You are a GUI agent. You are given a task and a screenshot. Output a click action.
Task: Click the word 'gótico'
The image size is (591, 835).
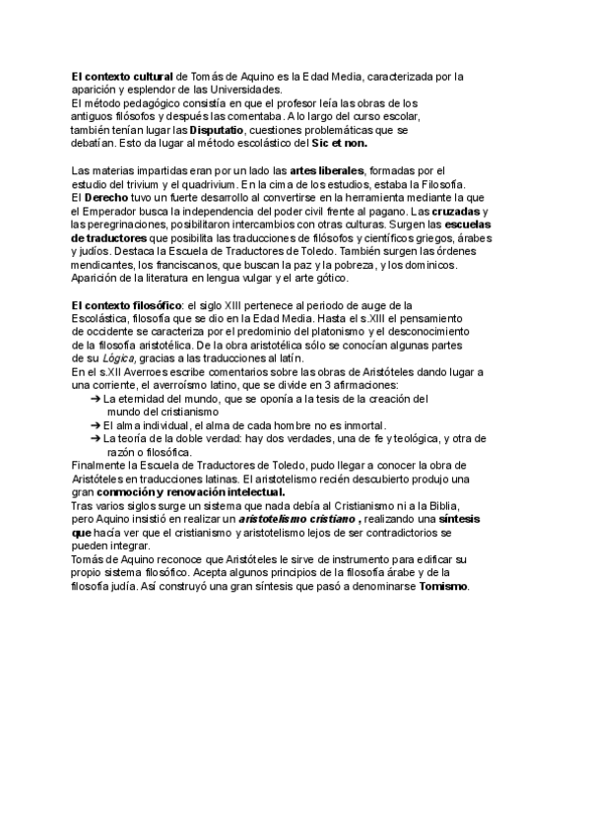(326, 279)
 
